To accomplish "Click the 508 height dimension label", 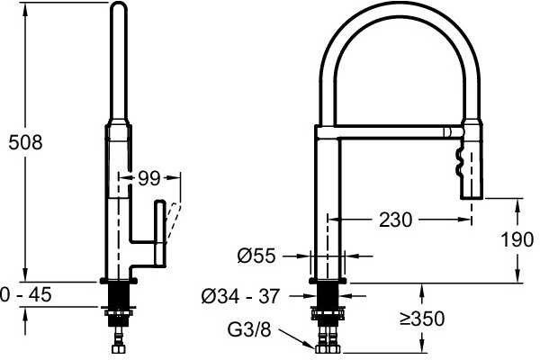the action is pyautogui.click(x=25, y=142).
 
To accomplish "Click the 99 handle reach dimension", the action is pyautogui.click(x=149, y=178).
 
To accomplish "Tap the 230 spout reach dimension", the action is pyautogui.click(x=395, y=220).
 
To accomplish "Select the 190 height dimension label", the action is pyautogui.click(x=517, y=239).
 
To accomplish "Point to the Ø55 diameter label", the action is pyautogui.click(x=256, y=256).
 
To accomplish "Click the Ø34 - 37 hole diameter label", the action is pyautogui.click(x=240, y=296).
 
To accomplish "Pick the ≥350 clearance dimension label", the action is pyautogui.click(x=422, y=319).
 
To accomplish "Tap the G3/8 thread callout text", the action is pyautogui.click(x=249, y=329).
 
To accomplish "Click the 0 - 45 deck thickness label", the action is pyautogui.click(x=26, y=295).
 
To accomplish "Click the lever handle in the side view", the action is pyautogui.click(x=160, y=232).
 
